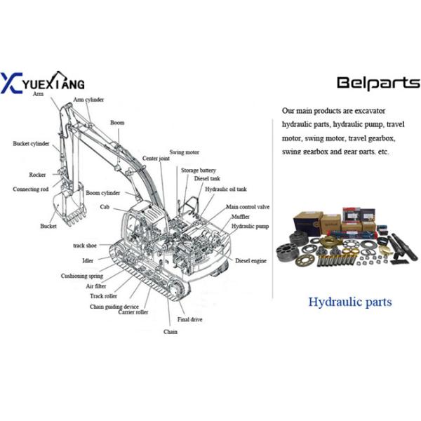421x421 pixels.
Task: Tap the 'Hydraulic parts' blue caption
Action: click(350, 302)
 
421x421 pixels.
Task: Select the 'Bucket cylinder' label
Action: click(31, 144)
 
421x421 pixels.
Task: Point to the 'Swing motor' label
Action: click(185, 152)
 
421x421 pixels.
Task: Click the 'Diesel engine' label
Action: click(250, 261)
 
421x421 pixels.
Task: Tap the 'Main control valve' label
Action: click(248, 208)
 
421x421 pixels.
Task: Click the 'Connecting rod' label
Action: click(32, 189)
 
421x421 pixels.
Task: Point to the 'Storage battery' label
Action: click(199, 171)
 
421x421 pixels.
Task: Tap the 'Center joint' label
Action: click(156, 159)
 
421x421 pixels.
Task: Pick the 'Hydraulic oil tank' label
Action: click(226, 189)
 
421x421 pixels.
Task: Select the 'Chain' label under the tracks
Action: click(171, 331)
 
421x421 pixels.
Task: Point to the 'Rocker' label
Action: click(37, 175)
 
